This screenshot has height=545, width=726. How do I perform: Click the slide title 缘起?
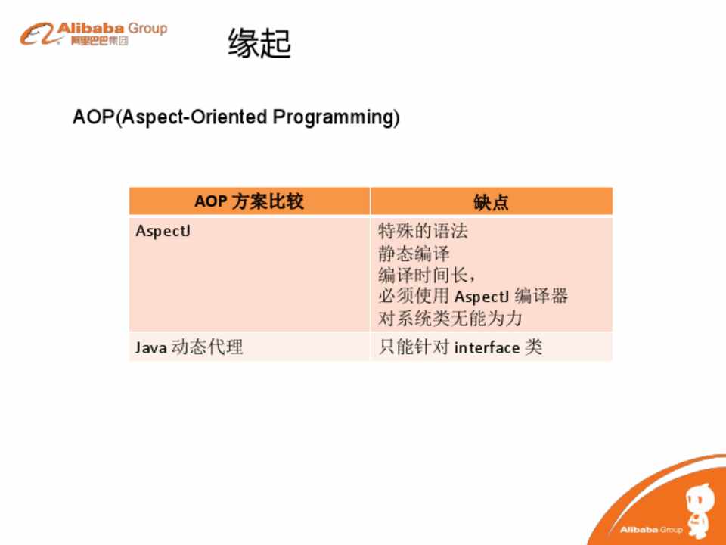pos(259,43)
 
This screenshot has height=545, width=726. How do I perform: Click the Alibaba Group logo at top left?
pos(93,34)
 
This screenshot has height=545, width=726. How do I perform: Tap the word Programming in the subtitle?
pos(336,118)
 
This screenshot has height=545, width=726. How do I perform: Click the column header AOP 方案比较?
pos(249,201)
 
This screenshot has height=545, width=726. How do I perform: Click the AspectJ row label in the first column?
pos(163,231)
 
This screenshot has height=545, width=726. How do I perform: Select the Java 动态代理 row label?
pos(189,347)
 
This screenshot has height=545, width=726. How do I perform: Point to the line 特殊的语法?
pos(423,231)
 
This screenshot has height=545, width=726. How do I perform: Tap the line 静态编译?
pos(414,253)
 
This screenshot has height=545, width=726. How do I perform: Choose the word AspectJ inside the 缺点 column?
pos(482,297)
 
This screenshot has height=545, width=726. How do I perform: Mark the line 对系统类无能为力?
pos(450,319)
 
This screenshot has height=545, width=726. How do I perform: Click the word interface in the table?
pos(486,347)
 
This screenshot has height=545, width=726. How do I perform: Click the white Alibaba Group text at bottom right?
pos(651,530)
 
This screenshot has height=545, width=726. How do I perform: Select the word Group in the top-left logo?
pos(147,28)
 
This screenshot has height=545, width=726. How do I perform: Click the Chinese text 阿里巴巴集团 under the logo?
pos(99,41)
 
